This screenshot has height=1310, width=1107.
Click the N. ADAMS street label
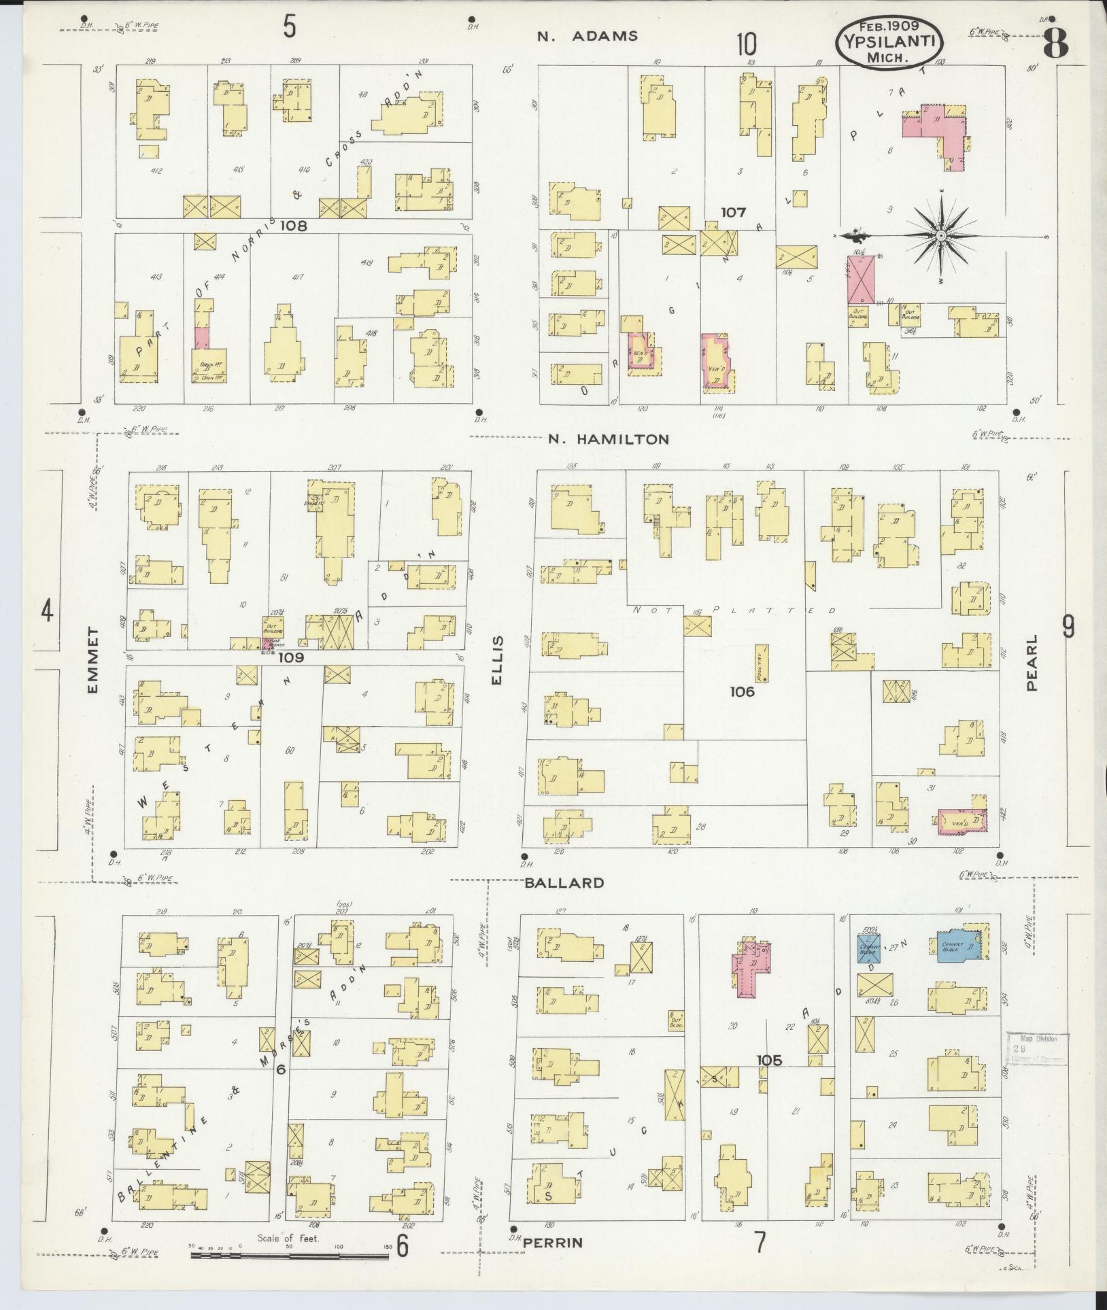click(587, 36)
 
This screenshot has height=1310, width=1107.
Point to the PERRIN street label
click(553, 1243)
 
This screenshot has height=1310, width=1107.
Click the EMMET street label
click(93, 661)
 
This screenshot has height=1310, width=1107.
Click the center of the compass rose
click(941, 236)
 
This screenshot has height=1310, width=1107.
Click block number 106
click(742, 691)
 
